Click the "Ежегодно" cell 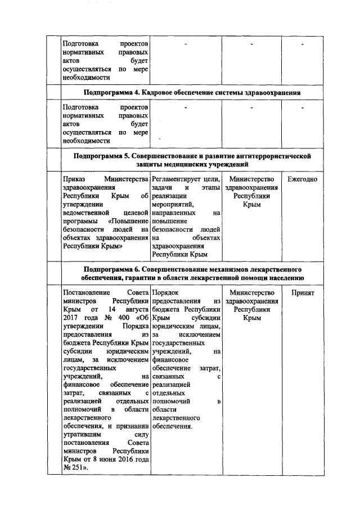pyautogui.click(x=302, y=179)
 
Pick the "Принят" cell pyautogui.click(x=303, y=293)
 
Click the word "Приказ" pyautogui.click(x=74, y=179)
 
